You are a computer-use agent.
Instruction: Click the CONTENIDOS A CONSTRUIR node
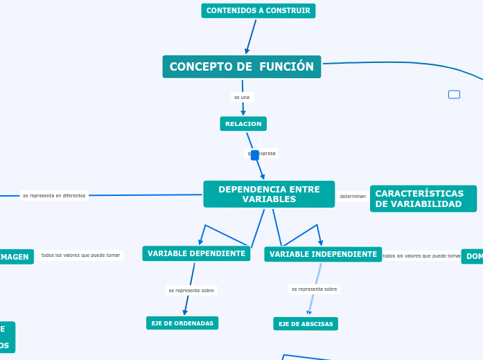coord(258,10)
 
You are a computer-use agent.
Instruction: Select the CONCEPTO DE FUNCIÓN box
coord(241,66)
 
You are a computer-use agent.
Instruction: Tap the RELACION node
coord(243,124)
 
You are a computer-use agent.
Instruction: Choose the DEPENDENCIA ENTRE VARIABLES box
coord(269,194)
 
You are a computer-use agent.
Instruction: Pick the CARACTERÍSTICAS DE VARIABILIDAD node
coord(423,199)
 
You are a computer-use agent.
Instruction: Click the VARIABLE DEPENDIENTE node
coord(196,253)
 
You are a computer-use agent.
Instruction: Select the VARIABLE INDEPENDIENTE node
coord(323,254)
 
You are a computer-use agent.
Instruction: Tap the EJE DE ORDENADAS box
coord(182,323)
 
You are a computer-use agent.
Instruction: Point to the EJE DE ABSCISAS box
coord(306,324)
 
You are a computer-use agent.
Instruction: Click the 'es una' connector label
coord(242,97)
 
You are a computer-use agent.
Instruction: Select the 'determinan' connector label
coord(353,197)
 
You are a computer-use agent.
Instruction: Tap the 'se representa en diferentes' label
coord(54,195)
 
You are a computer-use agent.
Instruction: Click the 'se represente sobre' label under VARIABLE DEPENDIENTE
coord(191,290)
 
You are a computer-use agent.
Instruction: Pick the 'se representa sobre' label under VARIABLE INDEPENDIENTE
coord(314,289)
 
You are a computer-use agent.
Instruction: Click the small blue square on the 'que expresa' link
coord(255,155)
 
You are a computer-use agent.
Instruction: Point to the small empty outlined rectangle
coord(454,94)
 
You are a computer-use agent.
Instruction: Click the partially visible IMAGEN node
coord(15,257)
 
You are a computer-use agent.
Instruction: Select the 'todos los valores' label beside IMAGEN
coord(80,255)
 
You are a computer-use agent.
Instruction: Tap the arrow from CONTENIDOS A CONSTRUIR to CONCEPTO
coord(251,36)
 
